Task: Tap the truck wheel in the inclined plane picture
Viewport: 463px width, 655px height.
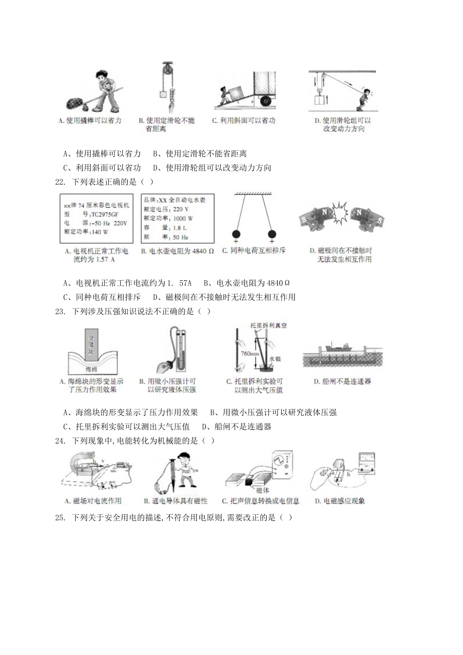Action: pos(266,101)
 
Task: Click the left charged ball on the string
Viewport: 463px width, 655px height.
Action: pos(236,233)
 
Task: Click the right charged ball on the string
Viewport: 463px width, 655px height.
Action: pos(272,233)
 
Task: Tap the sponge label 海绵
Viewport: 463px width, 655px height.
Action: pos(91,369)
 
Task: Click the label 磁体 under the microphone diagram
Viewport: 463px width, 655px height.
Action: pos(263,490)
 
